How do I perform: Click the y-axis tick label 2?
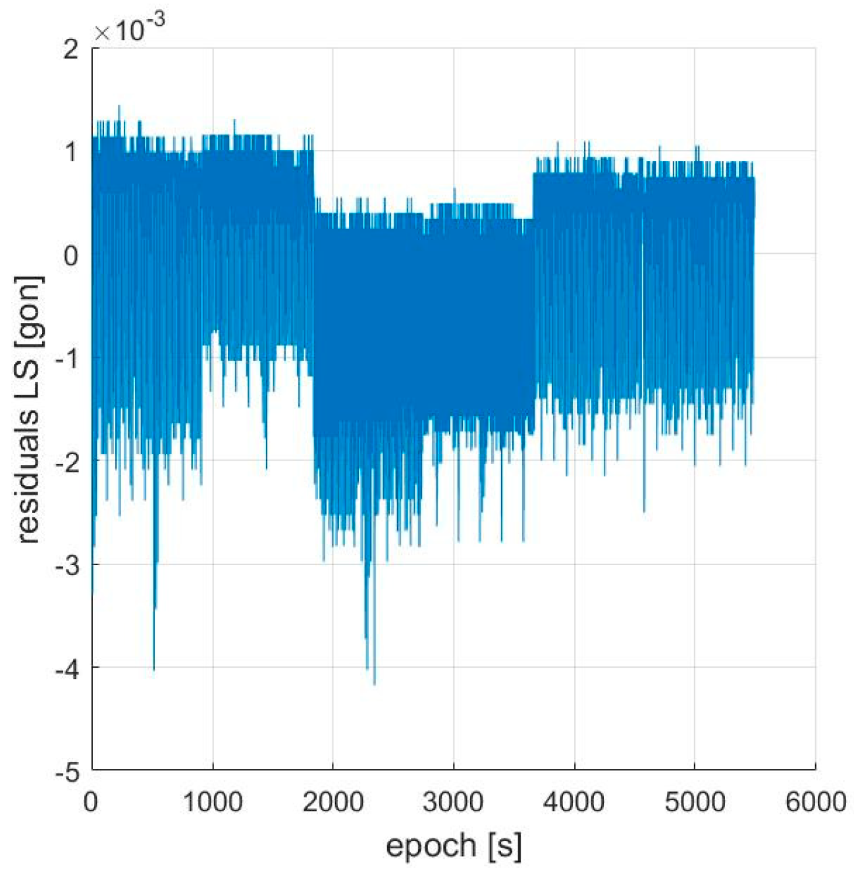71,50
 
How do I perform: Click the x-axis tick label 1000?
212,802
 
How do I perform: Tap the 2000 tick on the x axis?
333,802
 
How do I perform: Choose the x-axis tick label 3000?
454,802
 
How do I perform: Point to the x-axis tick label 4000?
574,802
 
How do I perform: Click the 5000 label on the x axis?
695,802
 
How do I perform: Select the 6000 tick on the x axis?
815,802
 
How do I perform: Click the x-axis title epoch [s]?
453,845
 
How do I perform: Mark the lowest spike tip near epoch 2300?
374,684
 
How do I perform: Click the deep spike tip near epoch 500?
154,669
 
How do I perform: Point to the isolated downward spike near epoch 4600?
643,512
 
